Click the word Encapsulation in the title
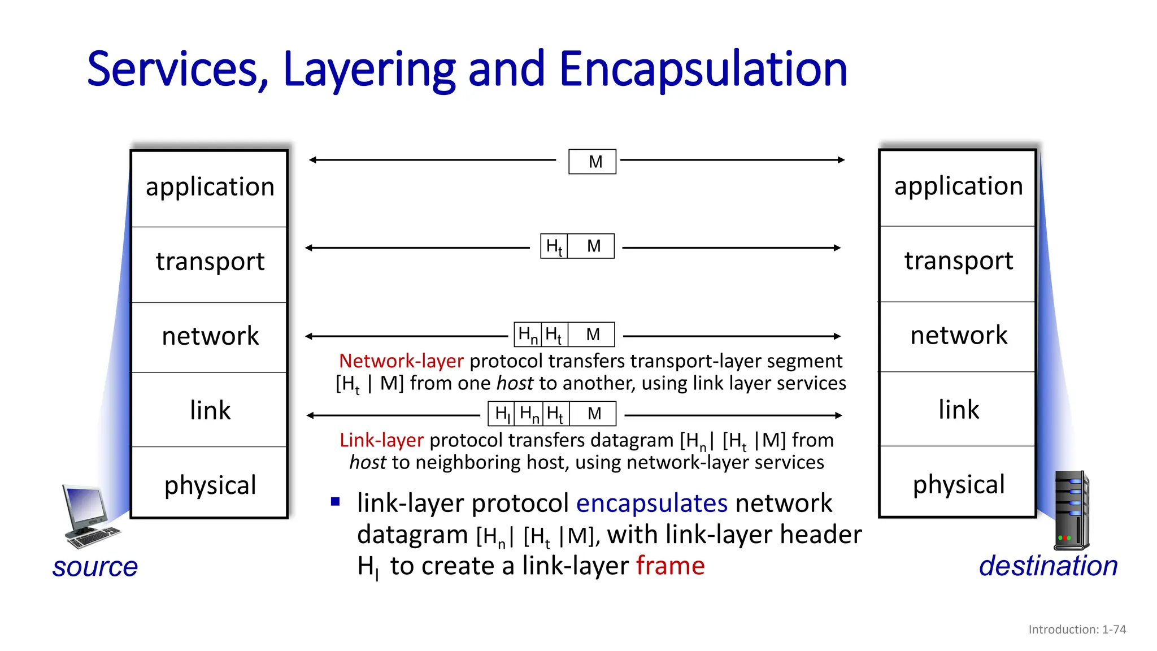click(x=703, y=69)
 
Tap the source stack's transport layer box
click(x=210, y=263)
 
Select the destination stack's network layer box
click(x=958, y=336)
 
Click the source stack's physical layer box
click(x=210, y=483)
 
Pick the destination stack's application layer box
click(x=958, y=187)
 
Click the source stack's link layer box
click(x=210, y=410)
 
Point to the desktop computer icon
click(x=89, y=516)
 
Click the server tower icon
click(x=1072, y=510)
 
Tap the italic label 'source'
click(x=95, y=567)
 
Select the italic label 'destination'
click(x=1048, y=566)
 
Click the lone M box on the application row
click(x=592, y=162)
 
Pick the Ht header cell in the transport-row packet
click(x=554, y=246)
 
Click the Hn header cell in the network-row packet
click(x=528, y=335)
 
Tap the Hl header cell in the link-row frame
click(x=502, y=414)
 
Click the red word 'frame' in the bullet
click(x=670, y=566)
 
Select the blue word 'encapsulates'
click(x=651, y=503)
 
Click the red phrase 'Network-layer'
click(x=401, y=361)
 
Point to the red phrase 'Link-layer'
click(x=381, y=440)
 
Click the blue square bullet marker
click(x=336, y=501)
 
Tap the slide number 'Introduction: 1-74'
click(x=1077, y=630)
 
